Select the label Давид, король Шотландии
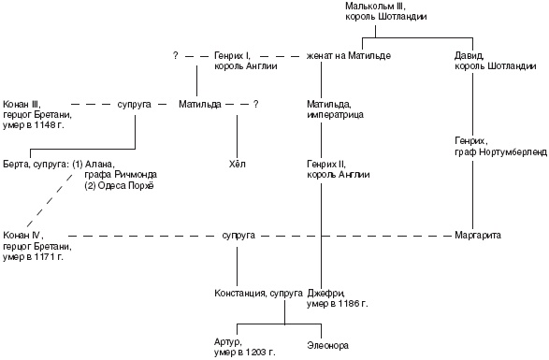pyautogui.click(x=495, y=61)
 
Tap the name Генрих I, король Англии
pyautogui.click(x=246, y=61)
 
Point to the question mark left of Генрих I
pyautogui.click(x=176, y=55)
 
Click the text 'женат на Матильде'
pyautogui.click(x=349, y=56)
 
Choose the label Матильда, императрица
pyautogui.click(x=335, y=109)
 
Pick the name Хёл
pyautogui.click(x=237, y=164)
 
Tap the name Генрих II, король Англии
pyautogui.click(x=339, y=169)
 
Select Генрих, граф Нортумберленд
pyautogui.click(x=500, y=147)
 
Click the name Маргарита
pyautogui.click(x=478, y=235)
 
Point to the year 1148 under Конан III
pyautogui.click(x=45, y=125)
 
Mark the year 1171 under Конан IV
pyautogui.click(x=45, y=257)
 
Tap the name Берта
pyautogui.click(x=16, y=164)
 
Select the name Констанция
pyautogui.click(x=240, y=293)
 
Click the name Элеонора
pyautogui.click(x=327, y=346)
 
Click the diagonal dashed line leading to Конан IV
pyautogui.click(x=51, y=200)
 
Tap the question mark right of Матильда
pyautogui.click(x=256, y=105)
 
